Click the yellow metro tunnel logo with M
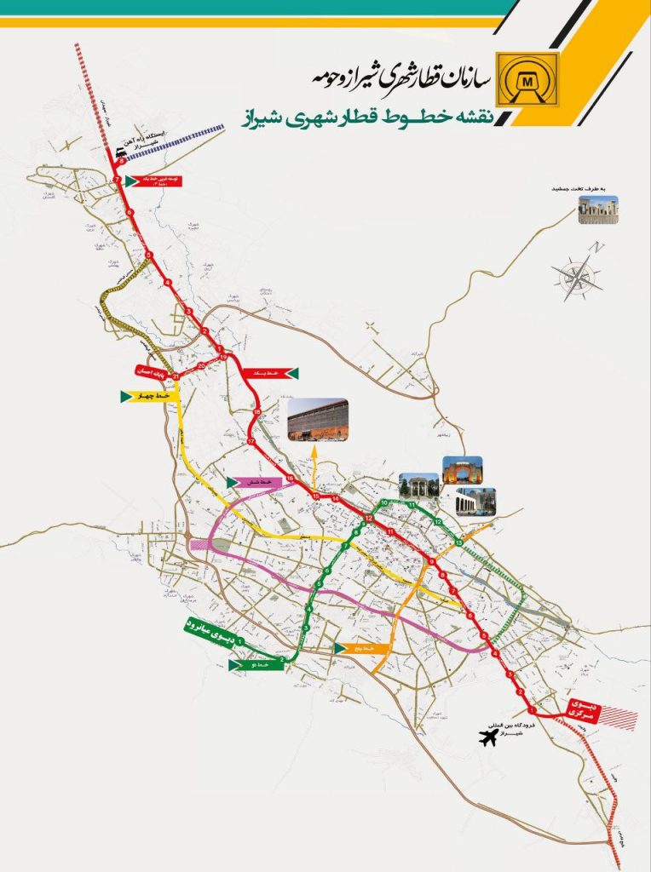pyautogui.click(x=528, y=79)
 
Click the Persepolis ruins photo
pyautogui.click(x=598, y=209)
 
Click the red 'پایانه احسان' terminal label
pyautogui.click(x=152, y=371)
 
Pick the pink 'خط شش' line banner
pyautogui.click(x=253, y=483)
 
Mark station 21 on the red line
pyautogui.click(x=176, y=376)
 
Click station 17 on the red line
pyautogui.click(x=251, y=444)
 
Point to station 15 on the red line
pyautogui.click(x=316, y=496)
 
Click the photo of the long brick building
pyautogui.click(x=318, y=421)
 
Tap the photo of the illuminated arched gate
pyautogui.click(x=461, y=471)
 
